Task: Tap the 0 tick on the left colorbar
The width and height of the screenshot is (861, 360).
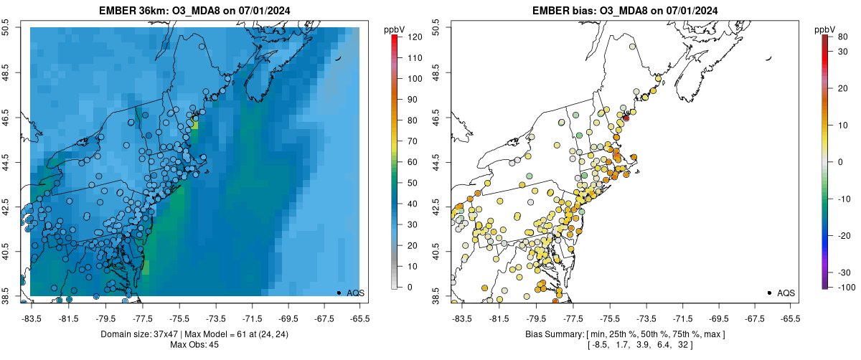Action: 409,287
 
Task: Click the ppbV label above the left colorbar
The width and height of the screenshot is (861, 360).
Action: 395,29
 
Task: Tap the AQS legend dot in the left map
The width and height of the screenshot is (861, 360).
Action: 339,293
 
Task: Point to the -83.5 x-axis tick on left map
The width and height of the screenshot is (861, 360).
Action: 31,318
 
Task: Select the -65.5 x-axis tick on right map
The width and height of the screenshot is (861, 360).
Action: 789,318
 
